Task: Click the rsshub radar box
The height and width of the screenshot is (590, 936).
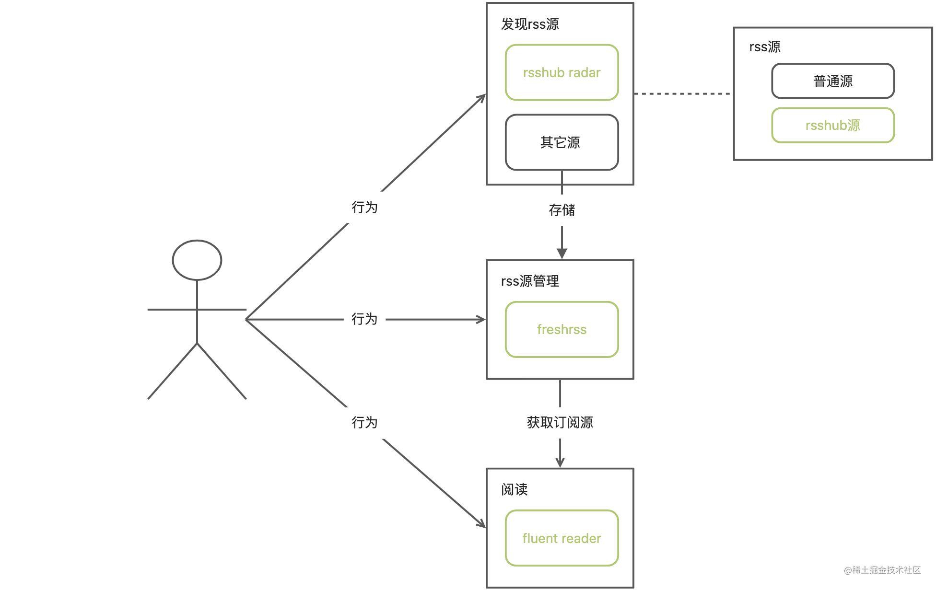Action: point(562,73)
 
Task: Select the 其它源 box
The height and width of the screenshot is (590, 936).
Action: point(562,142)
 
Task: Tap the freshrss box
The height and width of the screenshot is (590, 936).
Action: point(562,330)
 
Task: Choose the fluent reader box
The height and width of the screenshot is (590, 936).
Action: point(562,538)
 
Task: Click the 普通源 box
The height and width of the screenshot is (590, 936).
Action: point(832,81)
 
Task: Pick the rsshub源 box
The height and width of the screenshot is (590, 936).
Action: point(832,126)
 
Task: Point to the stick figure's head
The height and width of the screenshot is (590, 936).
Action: point(197,260)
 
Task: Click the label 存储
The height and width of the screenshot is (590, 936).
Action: point(562,210)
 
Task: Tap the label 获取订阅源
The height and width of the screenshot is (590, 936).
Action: point(560,422)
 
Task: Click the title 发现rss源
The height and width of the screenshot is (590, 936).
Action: point(530,24)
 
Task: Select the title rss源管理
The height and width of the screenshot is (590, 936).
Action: point(530,281)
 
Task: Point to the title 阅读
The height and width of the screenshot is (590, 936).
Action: point(514,489)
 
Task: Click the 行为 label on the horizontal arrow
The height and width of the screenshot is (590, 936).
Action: point(364,319)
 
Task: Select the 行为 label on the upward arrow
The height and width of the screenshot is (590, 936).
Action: point(364,207)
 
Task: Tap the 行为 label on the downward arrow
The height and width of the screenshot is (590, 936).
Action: point(364,422)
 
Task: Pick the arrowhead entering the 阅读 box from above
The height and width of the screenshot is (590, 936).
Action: point(560,462)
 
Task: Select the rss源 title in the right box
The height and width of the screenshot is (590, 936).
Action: point(764,47)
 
